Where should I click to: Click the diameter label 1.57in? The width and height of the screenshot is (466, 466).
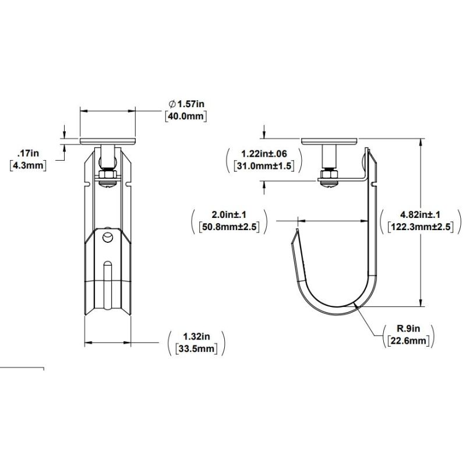coord(186,104)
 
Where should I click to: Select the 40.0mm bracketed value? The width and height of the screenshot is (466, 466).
coord(186,116)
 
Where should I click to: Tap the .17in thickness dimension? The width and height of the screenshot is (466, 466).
coord(28,153)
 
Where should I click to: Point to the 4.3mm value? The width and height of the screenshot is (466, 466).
coord(28,165)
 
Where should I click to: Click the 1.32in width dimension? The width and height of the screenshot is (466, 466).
coord(196,337)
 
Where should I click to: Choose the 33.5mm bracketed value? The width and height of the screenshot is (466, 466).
coord(196,348)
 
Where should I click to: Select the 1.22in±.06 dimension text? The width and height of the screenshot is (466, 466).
coord(264,154)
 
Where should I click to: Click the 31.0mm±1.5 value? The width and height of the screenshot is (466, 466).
coord(264,165)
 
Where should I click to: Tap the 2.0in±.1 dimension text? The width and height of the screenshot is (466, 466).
coord(229,214)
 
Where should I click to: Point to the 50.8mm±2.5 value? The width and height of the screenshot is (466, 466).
coord(229,227)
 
